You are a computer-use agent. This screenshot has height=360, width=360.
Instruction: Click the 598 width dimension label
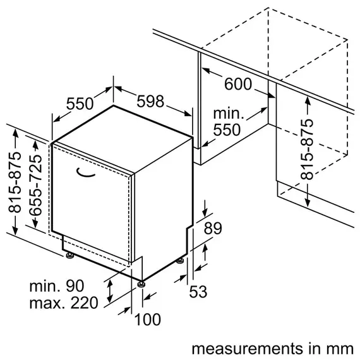click(x=150, y=101)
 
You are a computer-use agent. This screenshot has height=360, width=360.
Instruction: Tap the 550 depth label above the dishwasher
click(x=81, y=104)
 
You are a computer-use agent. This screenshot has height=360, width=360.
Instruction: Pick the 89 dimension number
click(x=213, y=229)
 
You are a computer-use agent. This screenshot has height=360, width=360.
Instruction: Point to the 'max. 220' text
click(x=64, y=303)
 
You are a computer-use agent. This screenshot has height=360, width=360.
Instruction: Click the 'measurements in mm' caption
click(x=271, y=347)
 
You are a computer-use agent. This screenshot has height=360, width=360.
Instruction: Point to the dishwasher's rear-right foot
click(x=182, y=260)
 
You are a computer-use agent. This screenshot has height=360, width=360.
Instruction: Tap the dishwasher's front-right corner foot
click(x=142, y=280)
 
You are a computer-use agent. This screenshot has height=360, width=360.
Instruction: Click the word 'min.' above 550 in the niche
click(x=227, y=114)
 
